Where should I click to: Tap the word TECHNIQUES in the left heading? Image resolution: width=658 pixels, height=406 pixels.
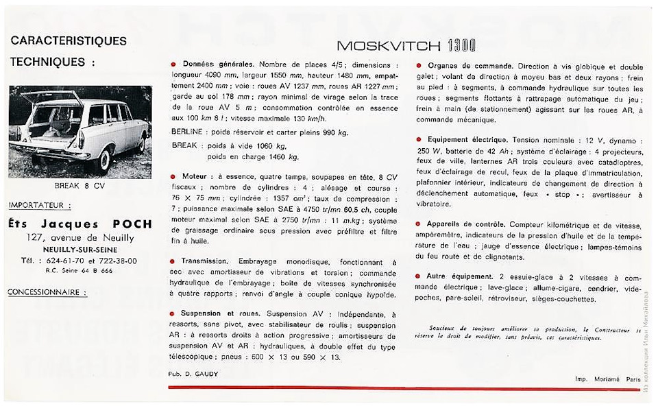tap(47, 62)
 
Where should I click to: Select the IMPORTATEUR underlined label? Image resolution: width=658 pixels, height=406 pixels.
tap(40, 204)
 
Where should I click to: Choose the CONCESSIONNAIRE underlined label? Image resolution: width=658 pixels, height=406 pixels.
tap(47, 292)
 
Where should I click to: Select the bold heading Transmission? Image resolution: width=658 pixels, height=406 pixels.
tap(208, 262)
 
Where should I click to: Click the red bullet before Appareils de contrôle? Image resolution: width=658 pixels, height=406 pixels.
tap(418, 224)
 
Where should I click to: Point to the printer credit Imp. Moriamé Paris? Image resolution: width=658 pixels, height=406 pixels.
tap(606, 379)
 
